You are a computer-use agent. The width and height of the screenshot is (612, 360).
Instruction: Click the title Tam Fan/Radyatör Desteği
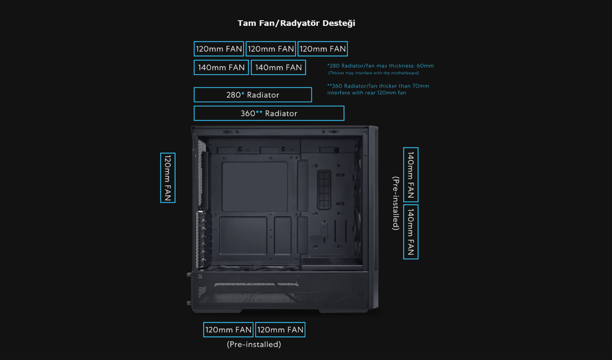[x=296, y=23]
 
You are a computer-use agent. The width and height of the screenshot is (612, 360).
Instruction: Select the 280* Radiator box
[x=253, y=95]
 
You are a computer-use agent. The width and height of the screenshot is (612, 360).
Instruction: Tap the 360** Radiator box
[x=269, y=113]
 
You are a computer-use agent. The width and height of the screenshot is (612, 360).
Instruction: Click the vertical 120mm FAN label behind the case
[x=167, y=178]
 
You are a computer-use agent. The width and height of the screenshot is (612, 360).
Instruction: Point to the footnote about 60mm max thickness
[x=380, y=66]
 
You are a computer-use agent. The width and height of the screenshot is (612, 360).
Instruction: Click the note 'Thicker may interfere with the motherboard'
[x=373, y=73]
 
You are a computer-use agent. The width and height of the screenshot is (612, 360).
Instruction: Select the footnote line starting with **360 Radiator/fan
[x=378, y=86]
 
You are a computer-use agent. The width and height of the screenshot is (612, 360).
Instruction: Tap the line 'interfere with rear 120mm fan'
[x=367, y=93]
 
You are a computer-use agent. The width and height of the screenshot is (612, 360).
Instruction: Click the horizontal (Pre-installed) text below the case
[x=254, y=344]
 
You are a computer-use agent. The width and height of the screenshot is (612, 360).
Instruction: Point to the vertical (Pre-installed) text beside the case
[x=395, y=203]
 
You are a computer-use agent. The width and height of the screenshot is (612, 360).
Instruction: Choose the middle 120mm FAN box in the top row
[x=271, y=49]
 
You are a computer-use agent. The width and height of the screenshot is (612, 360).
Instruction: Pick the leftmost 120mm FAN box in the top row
[x=219, y=49]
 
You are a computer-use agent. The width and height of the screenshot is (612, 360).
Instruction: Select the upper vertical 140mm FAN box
[x=411, y=175]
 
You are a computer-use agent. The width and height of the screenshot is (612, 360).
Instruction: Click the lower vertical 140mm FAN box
[x=411, y=232]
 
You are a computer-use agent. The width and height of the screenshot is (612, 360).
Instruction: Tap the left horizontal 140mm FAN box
[x=221, y=68]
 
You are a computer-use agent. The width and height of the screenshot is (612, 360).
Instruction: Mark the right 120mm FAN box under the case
[x=280, y=330]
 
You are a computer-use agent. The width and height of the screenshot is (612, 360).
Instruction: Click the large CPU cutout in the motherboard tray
[x=254, y=187]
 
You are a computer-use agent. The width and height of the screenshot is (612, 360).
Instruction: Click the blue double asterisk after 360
[x=259, y=113]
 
